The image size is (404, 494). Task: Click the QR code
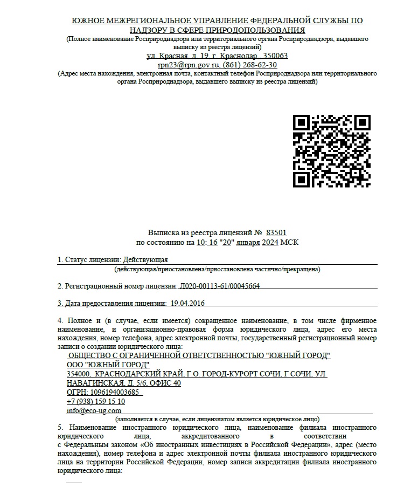(332, 151)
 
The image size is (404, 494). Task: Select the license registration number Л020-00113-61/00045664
(220, 286)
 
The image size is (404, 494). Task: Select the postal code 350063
(275, 56)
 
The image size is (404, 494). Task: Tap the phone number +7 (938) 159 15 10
(96, 401)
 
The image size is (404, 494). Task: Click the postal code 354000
(78, 374)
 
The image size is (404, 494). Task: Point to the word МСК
(289, 242)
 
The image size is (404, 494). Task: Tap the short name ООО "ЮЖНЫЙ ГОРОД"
(108, 365)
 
